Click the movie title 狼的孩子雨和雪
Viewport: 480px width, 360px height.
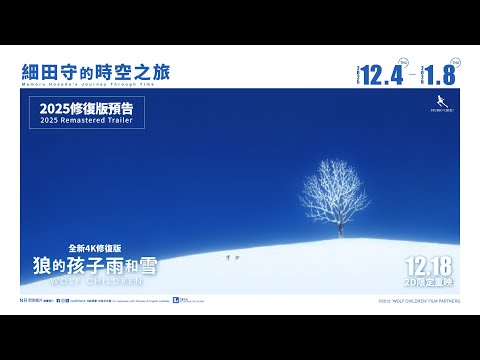point(95,265)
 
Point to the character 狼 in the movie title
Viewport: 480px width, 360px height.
point(43,265)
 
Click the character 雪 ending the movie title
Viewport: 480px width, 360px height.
point(147,265)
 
